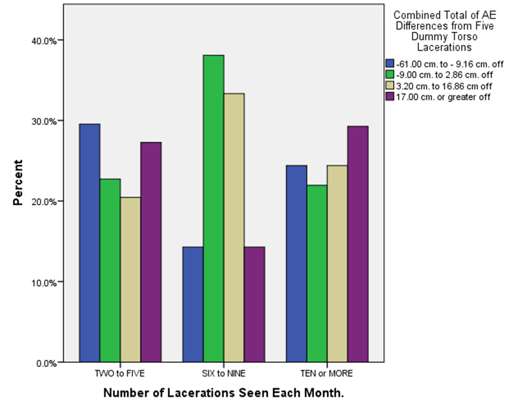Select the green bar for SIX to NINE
(x=213, y=208)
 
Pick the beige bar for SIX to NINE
(x=233, y=228)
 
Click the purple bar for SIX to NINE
(x=254, y=305)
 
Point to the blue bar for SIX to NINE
(x=193, y=305)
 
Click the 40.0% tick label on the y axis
(x=45, y=40)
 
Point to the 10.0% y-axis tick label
(x=45, y=282)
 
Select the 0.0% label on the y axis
(x=47, y=363)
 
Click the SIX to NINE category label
(x=224, y=375)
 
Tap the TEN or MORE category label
(x=327, y=375)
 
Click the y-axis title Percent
(x=19, y=183)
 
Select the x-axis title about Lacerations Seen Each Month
(x=224, y=393)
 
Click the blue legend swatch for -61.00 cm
(x=390, y=63)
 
